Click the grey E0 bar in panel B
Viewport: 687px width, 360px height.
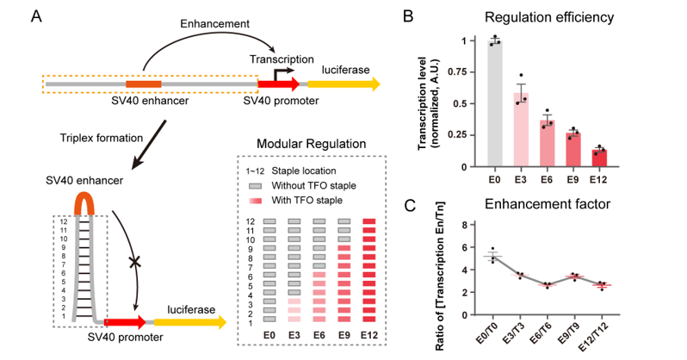pyautogui.click(x=493, y=103)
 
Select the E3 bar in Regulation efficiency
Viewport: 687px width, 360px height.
pyautogui.click(x=521, y=129)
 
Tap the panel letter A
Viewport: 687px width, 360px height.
pyautogui.click(x=34, y=16)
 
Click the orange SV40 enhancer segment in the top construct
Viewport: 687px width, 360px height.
pyautogui.click(x=143, y=84)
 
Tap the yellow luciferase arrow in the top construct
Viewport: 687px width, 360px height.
pyautogui.click(x=343, y=84)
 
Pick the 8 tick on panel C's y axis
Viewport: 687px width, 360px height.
pyautogui.click(x=467, y=225)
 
